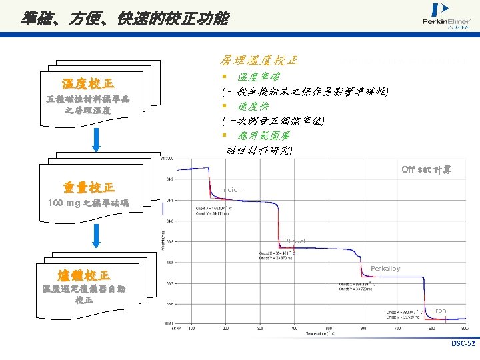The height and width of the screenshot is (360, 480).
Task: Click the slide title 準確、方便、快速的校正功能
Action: click(124, 19)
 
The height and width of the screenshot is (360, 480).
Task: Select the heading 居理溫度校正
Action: click(259, 60)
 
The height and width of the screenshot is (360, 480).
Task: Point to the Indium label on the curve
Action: click(233, 190)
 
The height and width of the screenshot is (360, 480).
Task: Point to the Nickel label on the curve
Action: click(295, 241)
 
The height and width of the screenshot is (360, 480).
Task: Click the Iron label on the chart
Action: click(440, 311)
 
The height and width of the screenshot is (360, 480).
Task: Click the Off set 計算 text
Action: click(426, 169)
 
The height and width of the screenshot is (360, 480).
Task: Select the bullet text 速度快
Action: click(256, 106)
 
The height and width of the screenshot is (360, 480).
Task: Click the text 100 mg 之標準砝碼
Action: click(89, 203)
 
